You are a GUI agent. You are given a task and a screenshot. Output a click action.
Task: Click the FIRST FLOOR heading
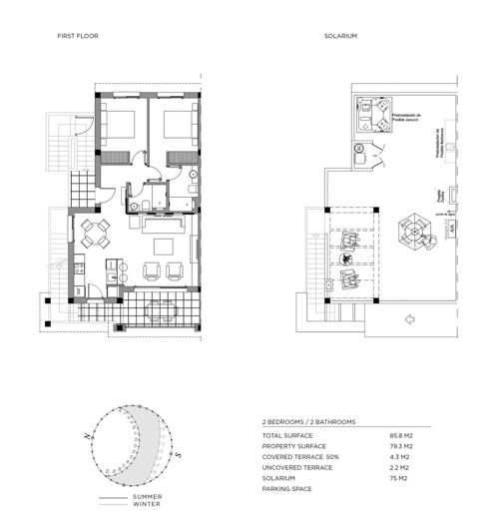pos(79,36)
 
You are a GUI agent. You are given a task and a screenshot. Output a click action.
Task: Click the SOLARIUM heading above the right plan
pos(340,36)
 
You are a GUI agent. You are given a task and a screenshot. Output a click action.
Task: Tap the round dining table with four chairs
pos(95,235)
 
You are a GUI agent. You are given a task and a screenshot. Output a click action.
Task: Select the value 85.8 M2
pos(401,436)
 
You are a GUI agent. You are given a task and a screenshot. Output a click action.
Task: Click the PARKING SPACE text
pos(286,488)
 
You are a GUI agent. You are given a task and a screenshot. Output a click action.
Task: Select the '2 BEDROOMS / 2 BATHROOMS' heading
pos(307,422)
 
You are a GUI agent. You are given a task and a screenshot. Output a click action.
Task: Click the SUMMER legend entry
pos(146,496)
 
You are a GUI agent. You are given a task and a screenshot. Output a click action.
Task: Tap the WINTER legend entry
pos(146,503)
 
